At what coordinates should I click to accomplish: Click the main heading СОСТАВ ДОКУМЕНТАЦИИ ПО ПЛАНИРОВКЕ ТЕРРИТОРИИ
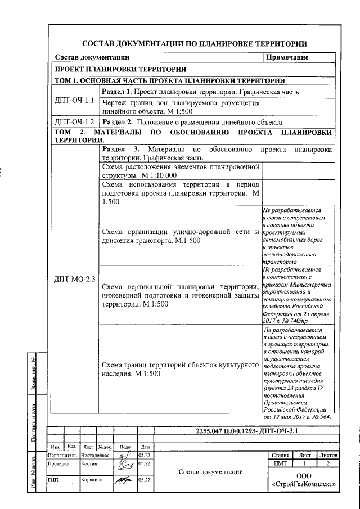pos(195,44)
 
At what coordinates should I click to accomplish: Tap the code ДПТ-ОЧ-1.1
pos(74,101)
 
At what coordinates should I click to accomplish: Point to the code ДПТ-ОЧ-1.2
pos(74,122)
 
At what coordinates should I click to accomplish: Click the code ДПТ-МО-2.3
pos(74,279)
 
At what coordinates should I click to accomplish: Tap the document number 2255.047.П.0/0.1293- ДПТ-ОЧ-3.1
pos(246,431)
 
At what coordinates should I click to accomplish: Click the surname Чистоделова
pos(96,455)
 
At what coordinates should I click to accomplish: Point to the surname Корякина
pos(92,480)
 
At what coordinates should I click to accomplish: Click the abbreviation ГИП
pos(54,480)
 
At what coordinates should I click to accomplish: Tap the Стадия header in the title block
pos(280,455)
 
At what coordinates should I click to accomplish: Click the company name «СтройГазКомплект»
pos(304,484)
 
